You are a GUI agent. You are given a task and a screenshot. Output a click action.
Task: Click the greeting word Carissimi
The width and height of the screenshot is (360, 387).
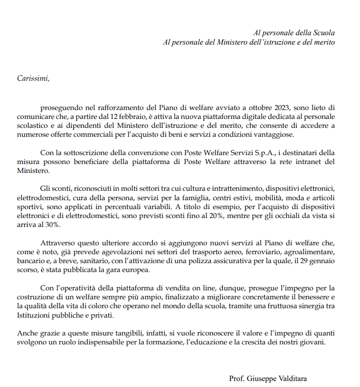click(x=33, y=78)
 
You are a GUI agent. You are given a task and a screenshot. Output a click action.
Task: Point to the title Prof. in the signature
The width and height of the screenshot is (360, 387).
click(x=238, y=379)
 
